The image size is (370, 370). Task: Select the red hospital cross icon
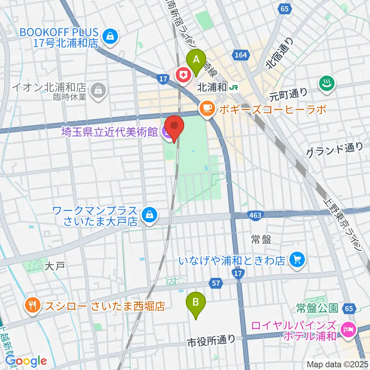click(184, 75)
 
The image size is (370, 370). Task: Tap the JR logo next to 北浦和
click(234, 88)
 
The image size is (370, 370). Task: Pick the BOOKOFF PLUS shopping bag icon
click(110, 37)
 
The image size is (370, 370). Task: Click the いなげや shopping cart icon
click(297, 261)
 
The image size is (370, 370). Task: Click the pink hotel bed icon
click(348, 330)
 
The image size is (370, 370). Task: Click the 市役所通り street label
click(211, 340)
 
